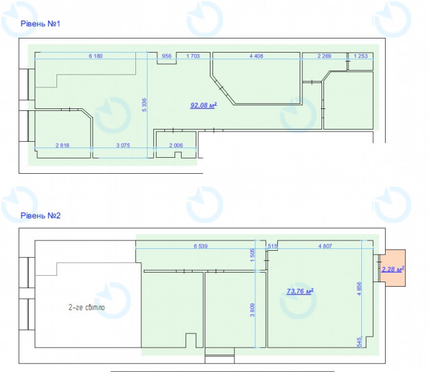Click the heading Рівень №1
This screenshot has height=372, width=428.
(x=40, y=24)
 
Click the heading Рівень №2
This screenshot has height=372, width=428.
(x=40, y=216)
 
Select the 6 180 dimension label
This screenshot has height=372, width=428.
(x=96, y=56)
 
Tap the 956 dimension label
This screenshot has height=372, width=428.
(x=166, y=56)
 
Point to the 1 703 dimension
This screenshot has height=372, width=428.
(x=193, y=56)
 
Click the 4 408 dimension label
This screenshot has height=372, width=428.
(x=256, y=56)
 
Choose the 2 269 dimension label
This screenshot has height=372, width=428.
(x=324, y=56)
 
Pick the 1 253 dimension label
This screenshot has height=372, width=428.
(x=361, y=56)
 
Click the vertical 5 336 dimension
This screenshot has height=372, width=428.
(x=144, y=105)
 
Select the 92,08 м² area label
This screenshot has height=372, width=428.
(x=203, y=105)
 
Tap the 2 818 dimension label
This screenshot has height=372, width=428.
(x=62, y=145)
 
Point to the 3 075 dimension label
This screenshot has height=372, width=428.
(x=123, y=145)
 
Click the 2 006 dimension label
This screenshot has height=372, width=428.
(x=176, y=145)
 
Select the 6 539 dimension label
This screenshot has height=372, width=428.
(x=201, y=246)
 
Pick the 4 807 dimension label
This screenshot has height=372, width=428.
(x=325, y=246)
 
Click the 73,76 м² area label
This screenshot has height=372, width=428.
(x=300, y=291)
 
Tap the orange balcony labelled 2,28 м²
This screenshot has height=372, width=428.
(x=393, y=268)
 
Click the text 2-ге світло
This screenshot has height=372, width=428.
(x=87, y=307)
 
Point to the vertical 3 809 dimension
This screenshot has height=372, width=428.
(x=252, y=310)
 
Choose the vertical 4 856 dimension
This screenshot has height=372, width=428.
(x=359, y=289)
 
